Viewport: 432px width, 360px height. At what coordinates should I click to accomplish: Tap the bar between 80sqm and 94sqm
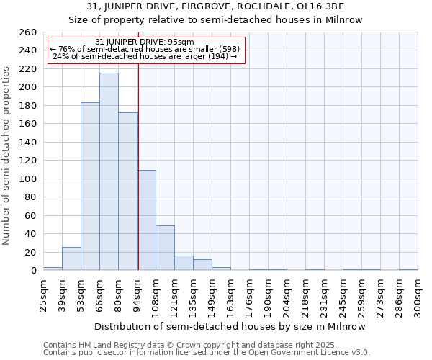[127, 191]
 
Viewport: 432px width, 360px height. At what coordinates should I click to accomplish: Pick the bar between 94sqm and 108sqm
[147, 220]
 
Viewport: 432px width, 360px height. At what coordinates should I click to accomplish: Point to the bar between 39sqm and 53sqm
[71, 258]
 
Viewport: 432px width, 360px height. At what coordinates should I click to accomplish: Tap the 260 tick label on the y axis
[27, 32]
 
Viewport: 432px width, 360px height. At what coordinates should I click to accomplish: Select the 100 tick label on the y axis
[27, 179]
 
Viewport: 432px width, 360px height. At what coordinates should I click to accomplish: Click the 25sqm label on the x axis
[44, 295]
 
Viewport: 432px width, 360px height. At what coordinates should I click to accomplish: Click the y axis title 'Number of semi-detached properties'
[7, 155]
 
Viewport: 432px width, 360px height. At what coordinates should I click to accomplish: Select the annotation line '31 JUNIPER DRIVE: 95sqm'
[145, 42]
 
